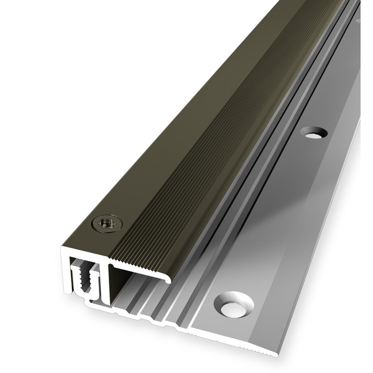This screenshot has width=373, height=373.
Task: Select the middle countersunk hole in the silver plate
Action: click(313, 132)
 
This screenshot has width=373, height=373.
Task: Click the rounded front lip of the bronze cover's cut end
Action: click(166, 278)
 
